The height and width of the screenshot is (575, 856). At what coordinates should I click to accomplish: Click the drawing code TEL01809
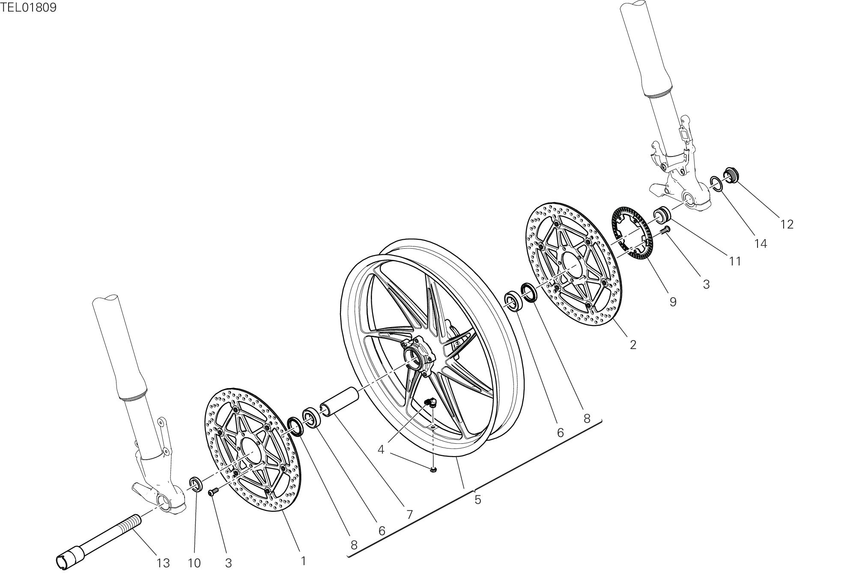point(28,7)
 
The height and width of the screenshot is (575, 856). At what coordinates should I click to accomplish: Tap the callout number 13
point(163,563)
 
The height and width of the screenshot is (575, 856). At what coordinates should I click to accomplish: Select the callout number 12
point(787,224)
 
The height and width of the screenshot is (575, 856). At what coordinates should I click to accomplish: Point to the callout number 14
point(760,244)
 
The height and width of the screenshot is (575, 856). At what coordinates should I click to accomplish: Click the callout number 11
point(735,261)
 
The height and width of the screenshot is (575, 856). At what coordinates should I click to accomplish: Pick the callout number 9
point(673,302)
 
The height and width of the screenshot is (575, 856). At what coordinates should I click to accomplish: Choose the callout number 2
point(633,344)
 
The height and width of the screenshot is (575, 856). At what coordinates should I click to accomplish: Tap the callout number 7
point(409,515)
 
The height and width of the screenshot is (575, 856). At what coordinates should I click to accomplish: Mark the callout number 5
point(478,500)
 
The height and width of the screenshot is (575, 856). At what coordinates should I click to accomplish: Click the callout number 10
point(194,563)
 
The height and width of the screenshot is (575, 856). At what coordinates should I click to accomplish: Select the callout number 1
point(303,561)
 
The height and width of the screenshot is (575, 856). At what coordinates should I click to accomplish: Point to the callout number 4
point(381,449)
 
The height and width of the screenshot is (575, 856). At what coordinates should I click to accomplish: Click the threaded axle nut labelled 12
point(730,175)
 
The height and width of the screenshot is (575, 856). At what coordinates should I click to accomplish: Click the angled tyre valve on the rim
point(429,402)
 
